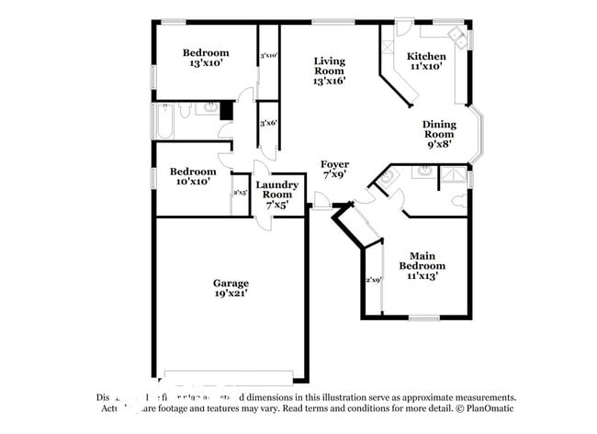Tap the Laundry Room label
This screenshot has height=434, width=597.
[x=276, y=190]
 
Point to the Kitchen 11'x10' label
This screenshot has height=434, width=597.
[x=426, y=61]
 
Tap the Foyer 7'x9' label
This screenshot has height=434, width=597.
[x=334, y=169]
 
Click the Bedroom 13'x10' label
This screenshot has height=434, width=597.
[x=205, y=59]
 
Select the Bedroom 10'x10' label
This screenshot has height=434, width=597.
[x=193, y=176]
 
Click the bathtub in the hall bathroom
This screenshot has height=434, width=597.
[x=164, y=120]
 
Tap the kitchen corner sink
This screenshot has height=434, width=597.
[x=456, y=37]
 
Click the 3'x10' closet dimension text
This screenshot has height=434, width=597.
[x=268, y=56]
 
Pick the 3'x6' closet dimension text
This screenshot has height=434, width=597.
[x=268, y=123]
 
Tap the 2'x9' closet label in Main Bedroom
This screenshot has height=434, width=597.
[x=373, y=280]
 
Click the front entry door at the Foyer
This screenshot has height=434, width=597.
[x=321, y=200]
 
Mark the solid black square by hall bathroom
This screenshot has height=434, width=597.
[x=225, y=110]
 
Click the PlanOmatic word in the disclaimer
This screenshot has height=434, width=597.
[x=491, y=408]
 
